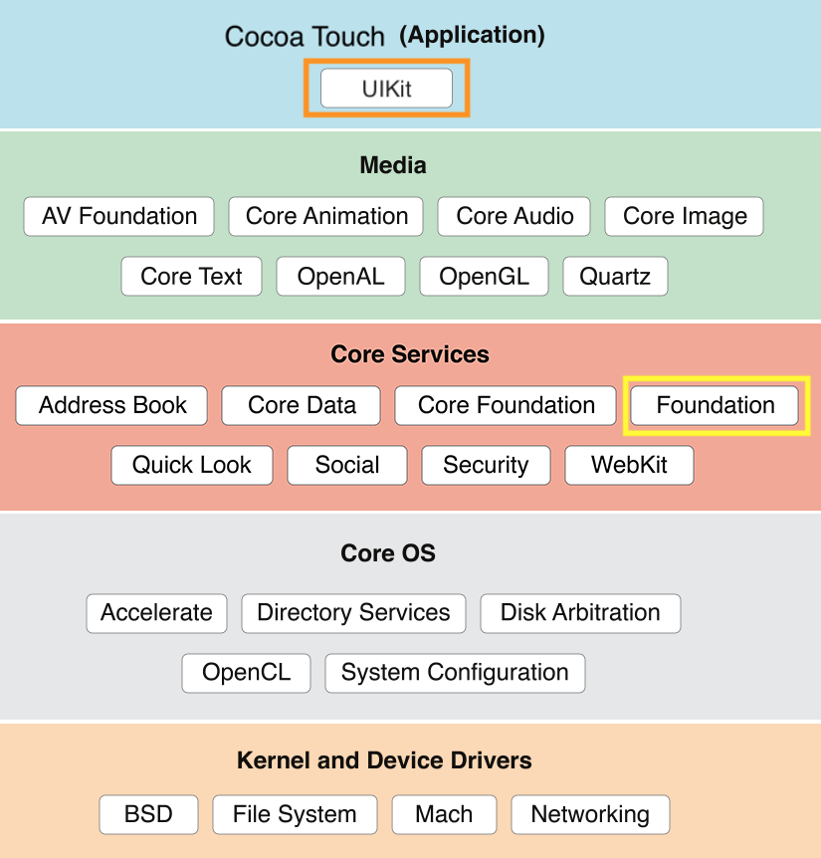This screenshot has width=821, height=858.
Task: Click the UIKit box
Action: pyautogui.click(x=386, y=89)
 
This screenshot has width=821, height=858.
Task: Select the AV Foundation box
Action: pyautogui.click(x=118, y=216)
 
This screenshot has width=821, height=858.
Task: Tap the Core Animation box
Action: pyautogui.click(x=325, y=216)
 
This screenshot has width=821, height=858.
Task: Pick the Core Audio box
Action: pyautogui.click(x=514, y=216)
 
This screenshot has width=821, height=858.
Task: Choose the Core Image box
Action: pyautogui.click(x=685, y=216)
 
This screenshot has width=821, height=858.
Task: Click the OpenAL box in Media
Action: pyautogui.click(x=340, y=276)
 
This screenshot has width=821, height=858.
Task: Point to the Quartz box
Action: pyautogui.click(x=615, y=276)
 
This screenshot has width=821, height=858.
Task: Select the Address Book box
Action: pyautogui.click(x=112, y=405)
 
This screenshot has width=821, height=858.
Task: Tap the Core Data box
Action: pyautogui.click(x=302, y=405)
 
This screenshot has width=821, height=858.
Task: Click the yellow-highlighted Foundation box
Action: pyautogui.click(x=715, y=405)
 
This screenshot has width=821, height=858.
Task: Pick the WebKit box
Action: pyautogui.click(x=629, y=465)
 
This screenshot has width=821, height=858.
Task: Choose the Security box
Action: pyautogui.click(x=486, y=465)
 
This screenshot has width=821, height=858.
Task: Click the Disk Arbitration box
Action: pyautogui.click(x=580, y=612)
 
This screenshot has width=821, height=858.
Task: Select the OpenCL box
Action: pyautogui.click(x=246, y=672)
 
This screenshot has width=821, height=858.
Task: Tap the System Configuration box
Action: pyautogui.click(x=455, y=672)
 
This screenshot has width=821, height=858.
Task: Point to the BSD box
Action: pyautogui.click(x=148, y=814)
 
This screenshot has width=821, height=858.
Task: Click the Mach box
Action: pyautogui.click(x=444, y=814)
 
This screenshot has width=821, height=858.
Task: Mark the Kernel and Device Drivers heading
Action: pyautogui.click(x=384, y=761)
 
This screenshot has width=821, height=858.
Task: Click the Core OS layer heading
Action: pyautogui.click(x=388, y=553)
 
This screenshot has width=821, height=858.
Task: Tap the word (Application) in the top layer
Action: pyautogui.click(x=472, y=36)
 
